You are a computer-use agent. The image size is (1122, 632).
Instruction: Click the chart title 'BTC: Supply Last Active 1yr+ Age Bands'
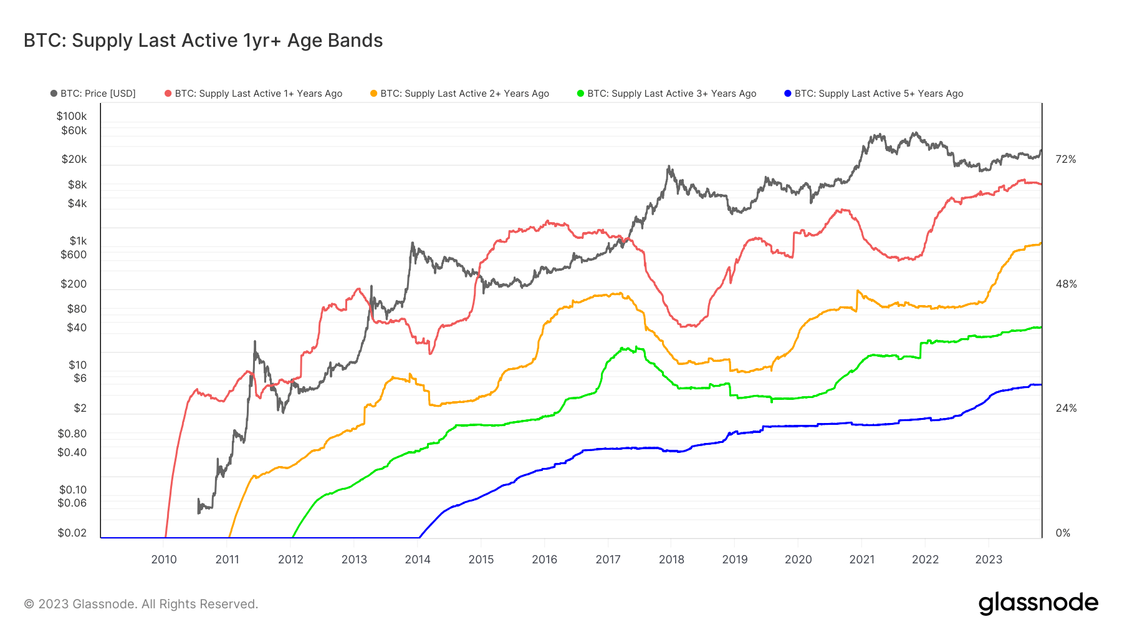point(203,41)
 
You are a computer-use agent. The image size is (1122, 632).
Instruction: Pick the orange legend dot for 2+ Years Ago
point(374,94)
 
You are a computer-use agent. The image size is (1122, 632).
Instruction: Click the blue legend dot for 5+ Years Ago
point(788,94)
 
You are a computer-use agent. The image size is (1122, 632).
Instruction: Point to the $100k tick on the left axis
point(72,116)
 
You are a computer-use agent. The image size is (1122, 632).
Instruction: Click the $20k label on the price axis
point(74,159)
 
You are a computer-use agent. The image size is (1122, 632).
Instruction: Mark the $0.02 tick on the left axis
point(72,533)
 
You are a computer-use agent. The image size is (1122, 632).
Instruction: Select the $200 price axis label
point(74,284)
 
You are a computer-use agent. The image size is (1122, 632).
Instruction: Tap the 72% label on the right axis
point(1066,160)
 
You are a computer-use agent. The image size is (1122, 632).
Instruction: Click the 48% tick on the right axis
point(1066,284)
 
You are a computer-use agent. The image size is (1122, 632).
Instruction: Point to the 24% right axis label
point(1066,409)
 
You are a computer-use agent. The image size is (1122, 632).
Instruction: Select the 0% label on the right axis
point(1063,533)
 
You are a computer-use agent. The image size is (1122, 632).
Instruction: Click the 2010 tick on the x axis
point(164,560)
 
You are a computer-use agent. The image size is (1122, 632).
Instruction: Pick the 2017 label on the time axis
point(608,560)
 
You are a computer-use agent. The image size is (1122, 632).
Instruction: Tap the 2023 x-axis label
point(989,560)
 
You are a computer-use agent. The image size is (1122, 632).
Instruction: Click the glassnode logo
point(1038,603)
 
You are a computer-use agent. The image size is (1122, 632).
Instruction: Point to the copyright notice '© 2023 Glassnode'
point(141,604)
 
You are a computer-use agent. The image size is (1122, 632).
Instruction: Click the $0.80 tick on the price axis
point(72,434)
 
